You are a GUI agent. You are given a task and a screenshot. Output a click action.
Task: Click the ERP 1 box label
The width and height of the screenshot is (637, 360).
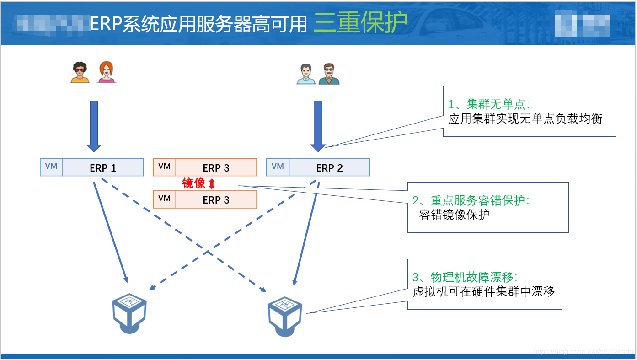103,168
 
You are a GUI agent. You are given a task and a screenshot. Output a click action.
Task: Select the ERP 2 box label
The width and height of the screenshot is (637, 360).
329,168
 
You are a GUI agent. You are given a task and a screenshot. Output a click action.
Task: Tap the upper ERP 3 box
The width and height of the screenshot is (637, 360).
216,168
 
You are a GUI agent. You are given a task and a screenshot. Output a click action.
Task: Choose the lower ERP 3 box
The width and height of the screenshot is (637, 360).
216,200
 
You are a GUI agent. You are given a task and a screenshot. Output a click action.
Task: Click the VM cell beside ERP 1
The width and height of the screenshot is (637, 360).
51,167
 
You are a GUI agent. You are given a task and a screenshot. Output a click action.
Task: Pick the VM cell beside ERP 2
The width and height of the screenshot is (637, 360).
278,167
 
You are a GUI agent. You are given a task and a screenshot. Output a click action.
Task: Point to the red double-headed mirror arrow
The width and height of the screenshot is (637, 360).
211,184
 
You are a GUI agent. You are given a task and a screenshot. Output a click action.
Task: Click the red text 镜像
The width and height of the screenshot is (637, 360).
194,183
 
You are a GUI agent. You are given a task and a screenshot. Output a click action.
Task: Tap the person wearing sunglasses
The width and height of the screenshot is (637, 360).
80,72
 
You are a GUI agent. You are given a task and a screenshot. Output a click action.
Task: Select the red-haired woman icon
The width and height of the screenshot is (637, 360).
107,72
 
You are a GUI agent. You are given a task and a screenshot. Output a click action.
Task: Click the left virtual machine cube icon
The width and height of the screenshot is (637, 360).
129,313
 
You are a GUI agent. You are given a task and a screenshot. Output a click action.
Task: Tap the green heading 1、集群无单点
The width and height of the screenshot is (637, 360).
489,104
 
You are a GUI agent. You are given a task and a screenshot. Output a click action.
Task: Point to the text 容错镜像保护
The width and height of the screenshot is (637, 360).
454,215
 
